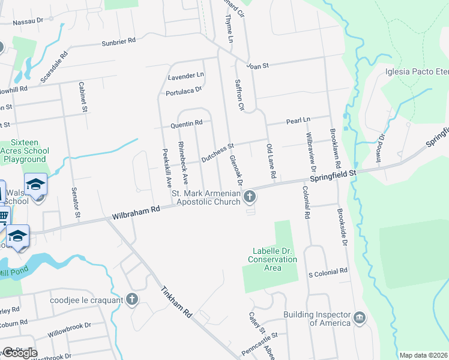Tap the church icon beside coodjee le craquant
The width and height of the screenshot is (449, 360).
point(132,299)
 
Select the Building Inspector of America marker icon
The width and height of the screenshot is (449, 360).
point(359,317)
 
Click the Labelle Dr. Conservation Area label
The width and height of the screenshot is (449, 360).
point(273,259)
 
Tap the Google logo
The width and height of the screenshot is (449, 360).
point(19,353)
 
